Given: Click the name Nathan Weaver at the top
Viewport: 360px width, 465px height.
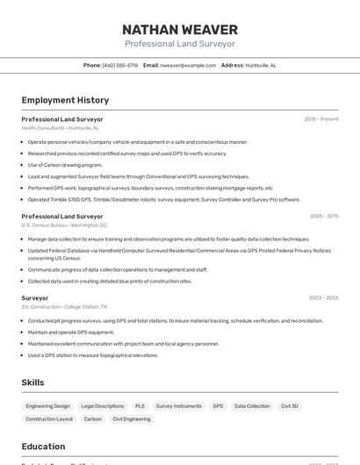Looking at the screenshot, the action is [x=179, y=30].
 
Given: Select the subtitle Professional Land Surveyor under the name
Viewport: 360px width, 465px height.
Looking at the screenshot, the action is [x=179, y=44].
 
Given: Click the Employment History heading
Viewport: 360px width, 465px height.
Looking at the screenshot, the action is [x=65, y=100].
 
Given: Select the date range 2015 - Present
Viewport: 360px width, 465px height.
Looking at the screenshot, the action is [x=320, y=118].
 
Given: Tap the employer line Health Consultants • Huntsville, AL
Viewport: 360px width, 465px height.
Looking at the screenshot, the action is [x=60, y=128].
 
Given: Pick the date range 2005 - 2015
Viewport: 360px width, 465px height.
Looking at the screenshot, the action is [x=323, y=216].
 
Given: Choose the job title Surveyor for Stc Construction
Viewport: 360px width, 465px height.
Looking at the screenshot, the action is [x=35, y=297].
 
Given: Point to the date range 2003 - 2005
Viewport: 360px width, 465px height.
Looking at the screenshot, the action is [x=323, y=297].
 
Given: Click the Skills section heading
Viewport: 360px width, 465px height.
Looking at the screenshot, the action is [x=32, y=383].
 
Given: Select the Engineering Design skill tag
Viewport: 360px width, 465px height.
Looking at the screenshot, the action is [x=47, y=406].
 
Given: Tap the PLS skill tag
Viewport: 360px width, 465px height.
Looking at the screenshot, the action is [x=140, y=406].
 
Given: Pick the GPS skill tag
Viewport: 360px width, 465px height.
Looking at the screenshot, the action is [x=218, y=406].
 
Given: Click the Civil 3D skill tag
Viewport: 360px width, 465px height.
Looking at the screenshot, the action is [x=290, y=406].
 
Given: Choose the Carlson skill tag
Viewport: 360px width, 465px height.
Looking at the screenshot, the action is [x=92, y=419].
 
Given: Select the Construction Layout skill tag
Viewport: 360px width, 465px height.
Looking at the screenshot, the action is [x=49, y=419].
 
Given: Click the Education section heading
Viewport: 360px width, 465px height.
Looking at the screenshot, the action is [x=43, y=447].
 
